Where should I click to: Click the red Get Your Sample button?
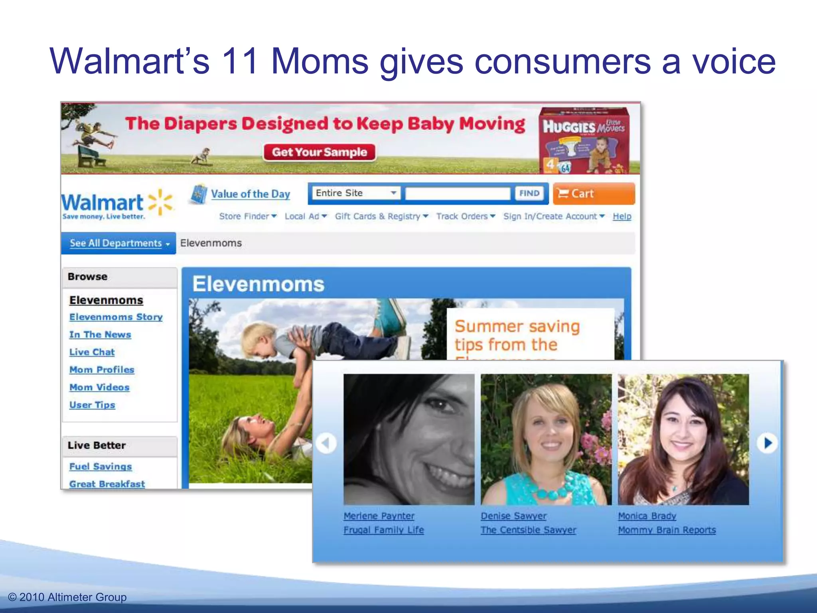tap(320, 152)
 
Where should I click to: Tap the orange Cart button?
tap(594, 194)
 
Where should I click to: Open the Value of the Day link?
tap(250, 194)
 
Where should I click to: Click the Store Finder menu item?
tap(247, 216)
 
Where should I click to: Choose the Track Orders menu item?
tap(465, 216)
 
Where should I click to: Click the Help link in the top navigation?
tap(622, 216)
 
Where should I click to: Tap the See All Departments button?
tap(118, 243)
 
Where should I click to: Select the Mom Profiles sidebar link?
tap(102, 370)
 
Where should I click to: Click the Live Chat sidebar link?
tap(92, 352)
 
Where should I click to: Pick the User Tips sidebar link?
tap(92, 405)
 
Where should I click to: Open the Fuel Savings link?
tap(101, 466)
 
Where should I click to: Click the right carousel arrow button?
tap(768, 443)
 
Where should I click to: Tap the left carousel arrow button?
tap(326, 443)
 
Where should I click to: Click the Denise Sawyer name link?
tap(513, 516)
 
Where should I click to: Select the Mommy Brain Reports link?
tap(667, 530)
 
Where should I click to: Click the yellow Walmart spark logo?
tap(160, 202)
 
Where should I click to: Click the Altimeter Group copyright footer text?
tap(67, 597)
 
